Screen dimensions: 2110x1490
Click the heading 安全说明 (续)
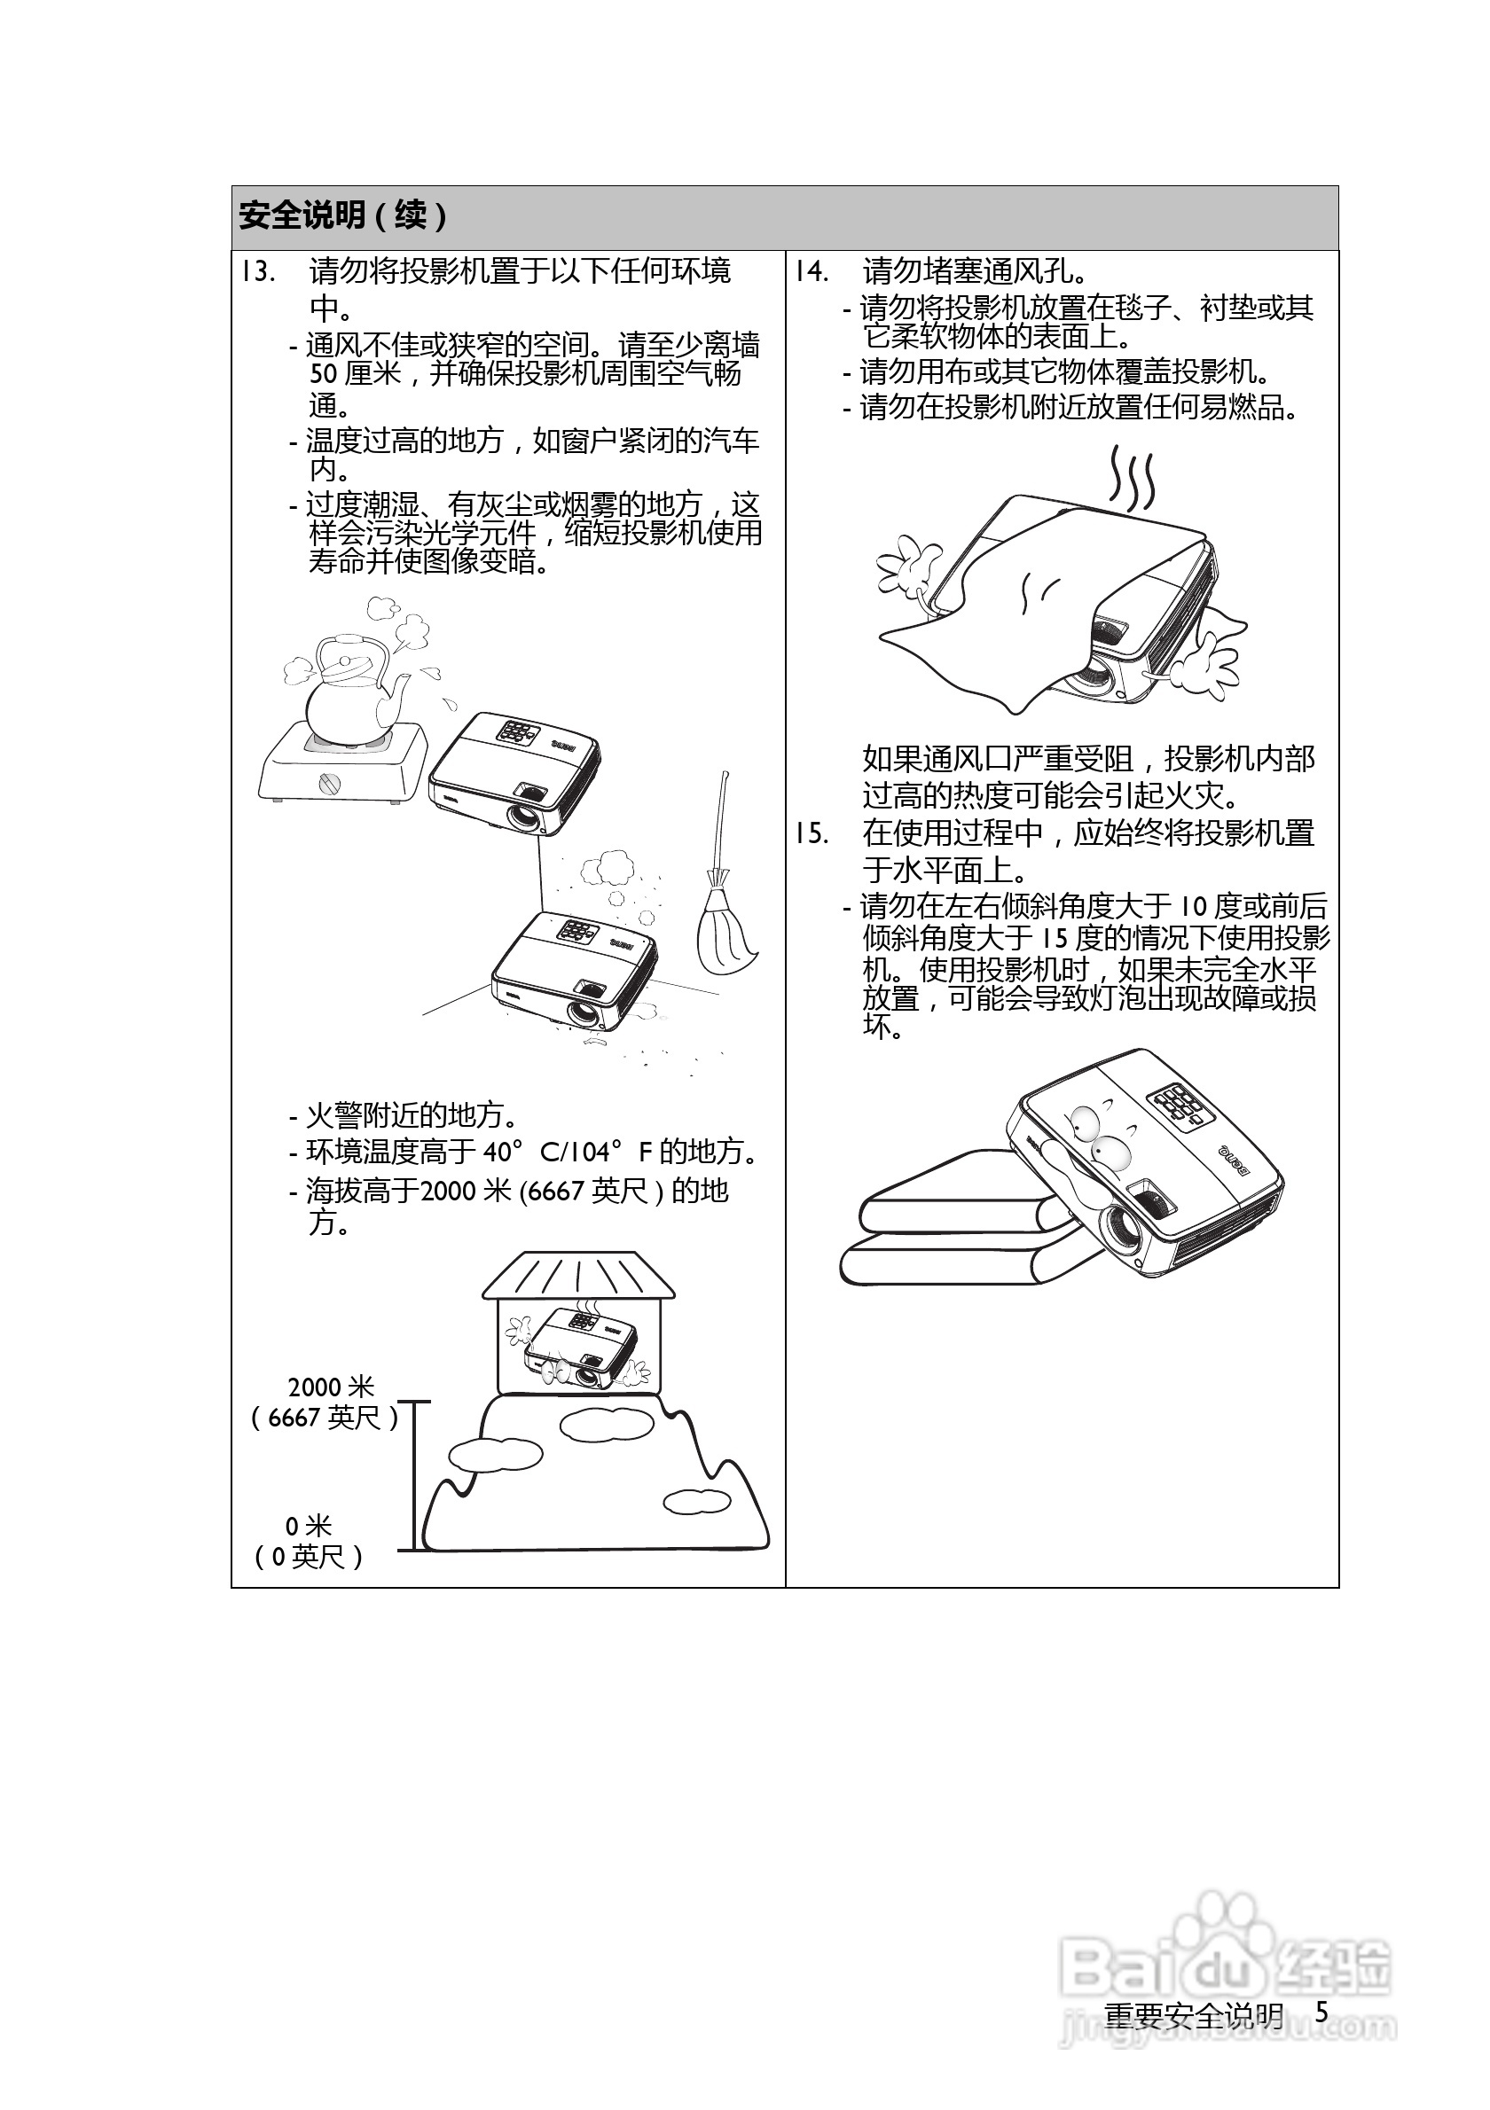(x=344, y=216)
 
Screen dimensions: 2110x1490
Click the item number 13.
(x=258, y=272)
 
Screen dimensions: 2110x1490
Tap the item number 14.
(x=812, y=272)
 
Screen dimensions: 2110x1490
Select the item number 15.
(x=812, y=833)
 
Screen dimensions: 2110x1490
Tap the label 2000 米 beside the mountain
(x=331, y=1387)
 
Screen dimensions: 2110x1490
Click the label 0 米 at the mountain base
(x=308, y=1527)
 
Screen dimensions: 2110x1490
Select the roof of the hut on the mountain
(x=578, y=1276)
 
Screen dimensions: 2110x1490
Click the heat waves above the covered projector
(x=1131, y=480)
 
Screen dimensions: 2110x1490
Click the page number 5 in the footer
(x=1321, y=2012)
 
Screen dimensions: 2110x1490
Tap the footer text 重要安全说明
(x=1193, y=2015)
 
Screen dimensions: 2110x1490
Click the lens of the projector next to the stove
(x=525, y=815)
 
